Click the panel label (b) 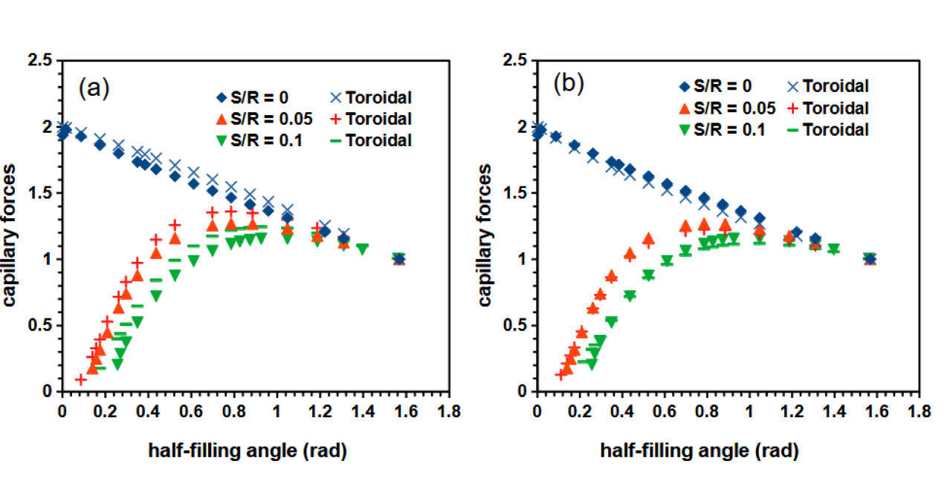click(x=569, y=84)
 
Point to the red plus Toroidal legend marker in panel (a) click(x=335, y=119)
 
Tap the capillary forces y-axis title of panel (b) click(x=486, y=226)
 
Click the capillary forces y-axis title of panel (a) click(x=13, y=226)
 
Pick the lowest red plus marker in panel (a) click(x=81, y=379)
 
